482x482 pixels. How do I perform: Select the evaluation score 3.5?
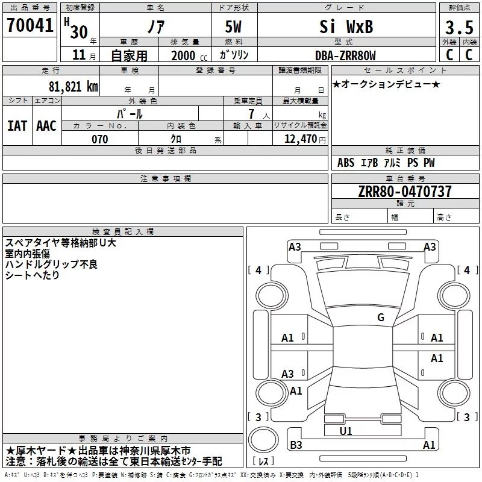(459, 27)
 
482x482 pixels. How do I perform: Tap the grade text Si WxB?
(346, 27)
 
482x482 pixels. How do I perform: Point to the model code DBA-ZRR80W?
(345, 55)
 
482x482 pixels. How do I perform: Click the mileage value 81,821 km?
(73, 86)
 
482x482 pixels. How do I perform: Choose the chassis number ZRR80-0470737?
(396, 192)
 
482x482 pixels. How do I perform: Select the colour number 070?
(99, 139)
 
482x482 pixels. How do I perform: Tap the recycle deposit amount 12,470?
(299, 139)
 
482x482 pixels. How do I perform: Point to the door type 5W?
(235, 27)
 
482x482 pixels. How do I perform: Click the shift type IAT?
(17, 126)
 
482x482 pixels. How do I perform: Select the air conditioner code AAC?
(46, 126)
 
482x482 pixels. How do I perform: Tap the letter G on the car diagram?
(380, 318)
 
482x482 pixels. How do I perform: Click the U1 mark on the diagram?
(346, 431)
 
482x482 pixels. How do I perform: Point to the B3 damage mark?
(296, 445)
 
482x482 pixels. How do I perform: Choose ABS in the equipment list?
(346, 163)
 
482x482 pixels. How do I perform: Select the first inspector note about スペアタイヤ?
(60, 243)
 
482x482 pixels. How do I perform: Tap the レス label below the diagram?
(263, 461)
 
